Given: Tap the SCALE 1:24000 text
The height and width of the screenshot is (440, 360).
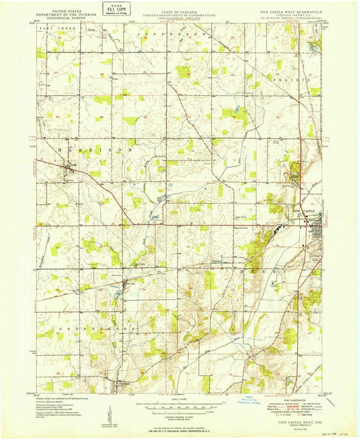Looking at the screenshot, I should tap(179, 399).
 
